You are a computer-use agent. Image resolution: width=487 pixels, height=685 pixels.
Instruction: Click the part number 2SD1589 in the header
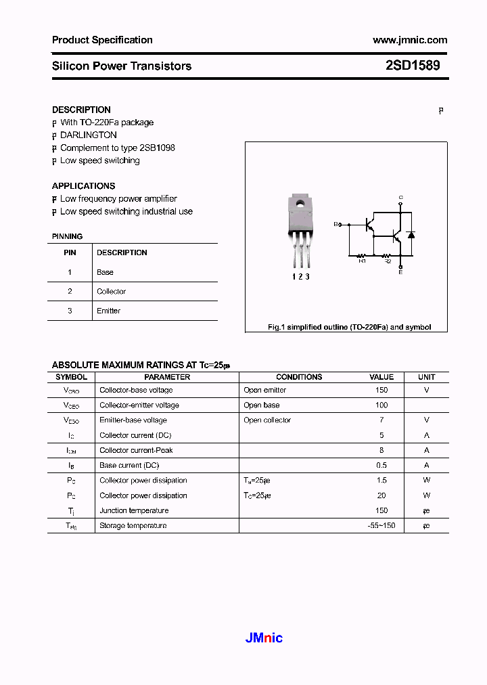point(412,66)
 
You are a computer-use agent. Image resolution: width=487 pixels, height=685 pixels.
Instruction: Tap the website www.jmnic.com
point(409,40)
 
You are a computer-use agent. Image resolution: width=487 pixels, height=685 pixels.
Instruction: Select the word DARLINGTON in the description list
point(89,135)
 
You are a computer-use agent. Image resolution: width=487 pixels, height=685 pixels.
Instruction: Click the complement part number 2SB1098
point(158,148)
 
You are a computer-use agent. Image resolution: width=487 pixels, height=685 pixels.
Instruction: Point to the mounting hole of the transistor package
point(300,202)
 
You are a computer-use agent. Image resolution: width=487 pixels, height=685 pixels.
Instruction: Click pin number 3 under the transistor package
point(308,276)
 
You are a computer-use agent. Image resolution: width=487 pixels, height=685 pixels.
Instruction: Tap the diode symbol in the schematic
point(411,235)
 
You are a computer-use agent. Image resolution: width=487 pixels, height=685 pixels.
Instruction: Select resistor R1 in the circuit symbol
point(362,257)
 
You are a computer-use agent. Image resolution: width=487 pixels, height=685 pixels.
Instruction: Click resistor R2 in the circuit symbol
point(388,257)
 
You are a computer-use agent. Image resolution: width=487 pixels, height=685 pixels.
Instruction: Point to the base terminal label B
point(335,223)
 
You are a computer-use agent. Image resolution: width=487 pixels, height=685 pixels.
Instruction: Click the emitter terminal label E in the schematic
point(400,271)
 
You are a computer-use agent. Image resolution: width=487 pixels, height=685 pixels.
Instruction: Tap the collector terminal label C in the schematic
point(400,198)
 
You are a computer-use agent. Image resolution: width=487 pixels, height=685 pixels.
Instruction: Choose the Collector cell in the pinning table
point(111,292)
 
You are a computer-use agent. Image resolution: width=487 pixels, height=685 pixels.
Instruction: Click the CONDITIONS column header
point(299,377)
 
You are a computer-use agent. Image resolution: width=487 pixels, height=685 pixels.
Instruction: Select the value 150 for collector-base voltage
point(381,390)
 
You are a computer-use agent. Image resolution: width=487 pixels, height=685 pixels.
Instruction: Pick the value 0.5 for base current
point(381,466)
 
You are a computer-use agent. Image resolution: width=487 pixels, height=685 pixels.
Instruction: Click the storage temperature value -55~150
point(381,526)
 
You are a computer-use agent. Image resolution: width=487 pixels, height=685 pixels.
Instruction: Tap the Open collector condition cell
point(267,420)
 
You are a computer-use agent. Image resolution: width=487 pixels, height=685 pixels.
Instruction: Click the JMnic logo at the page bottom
point(262,638)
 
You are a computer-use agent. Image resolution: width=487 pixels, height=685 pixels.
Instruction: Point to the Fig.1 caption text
point(349,327)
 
